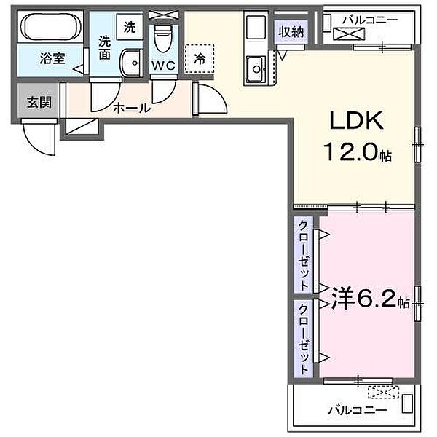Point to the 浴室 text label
(52, 58)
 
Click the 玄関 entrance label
(39, 101)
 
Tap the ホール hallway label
(131, 108)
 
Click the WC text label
(162, 65)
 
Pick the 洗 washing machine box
(129, 28)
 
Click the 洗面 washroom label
(105, 48)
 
